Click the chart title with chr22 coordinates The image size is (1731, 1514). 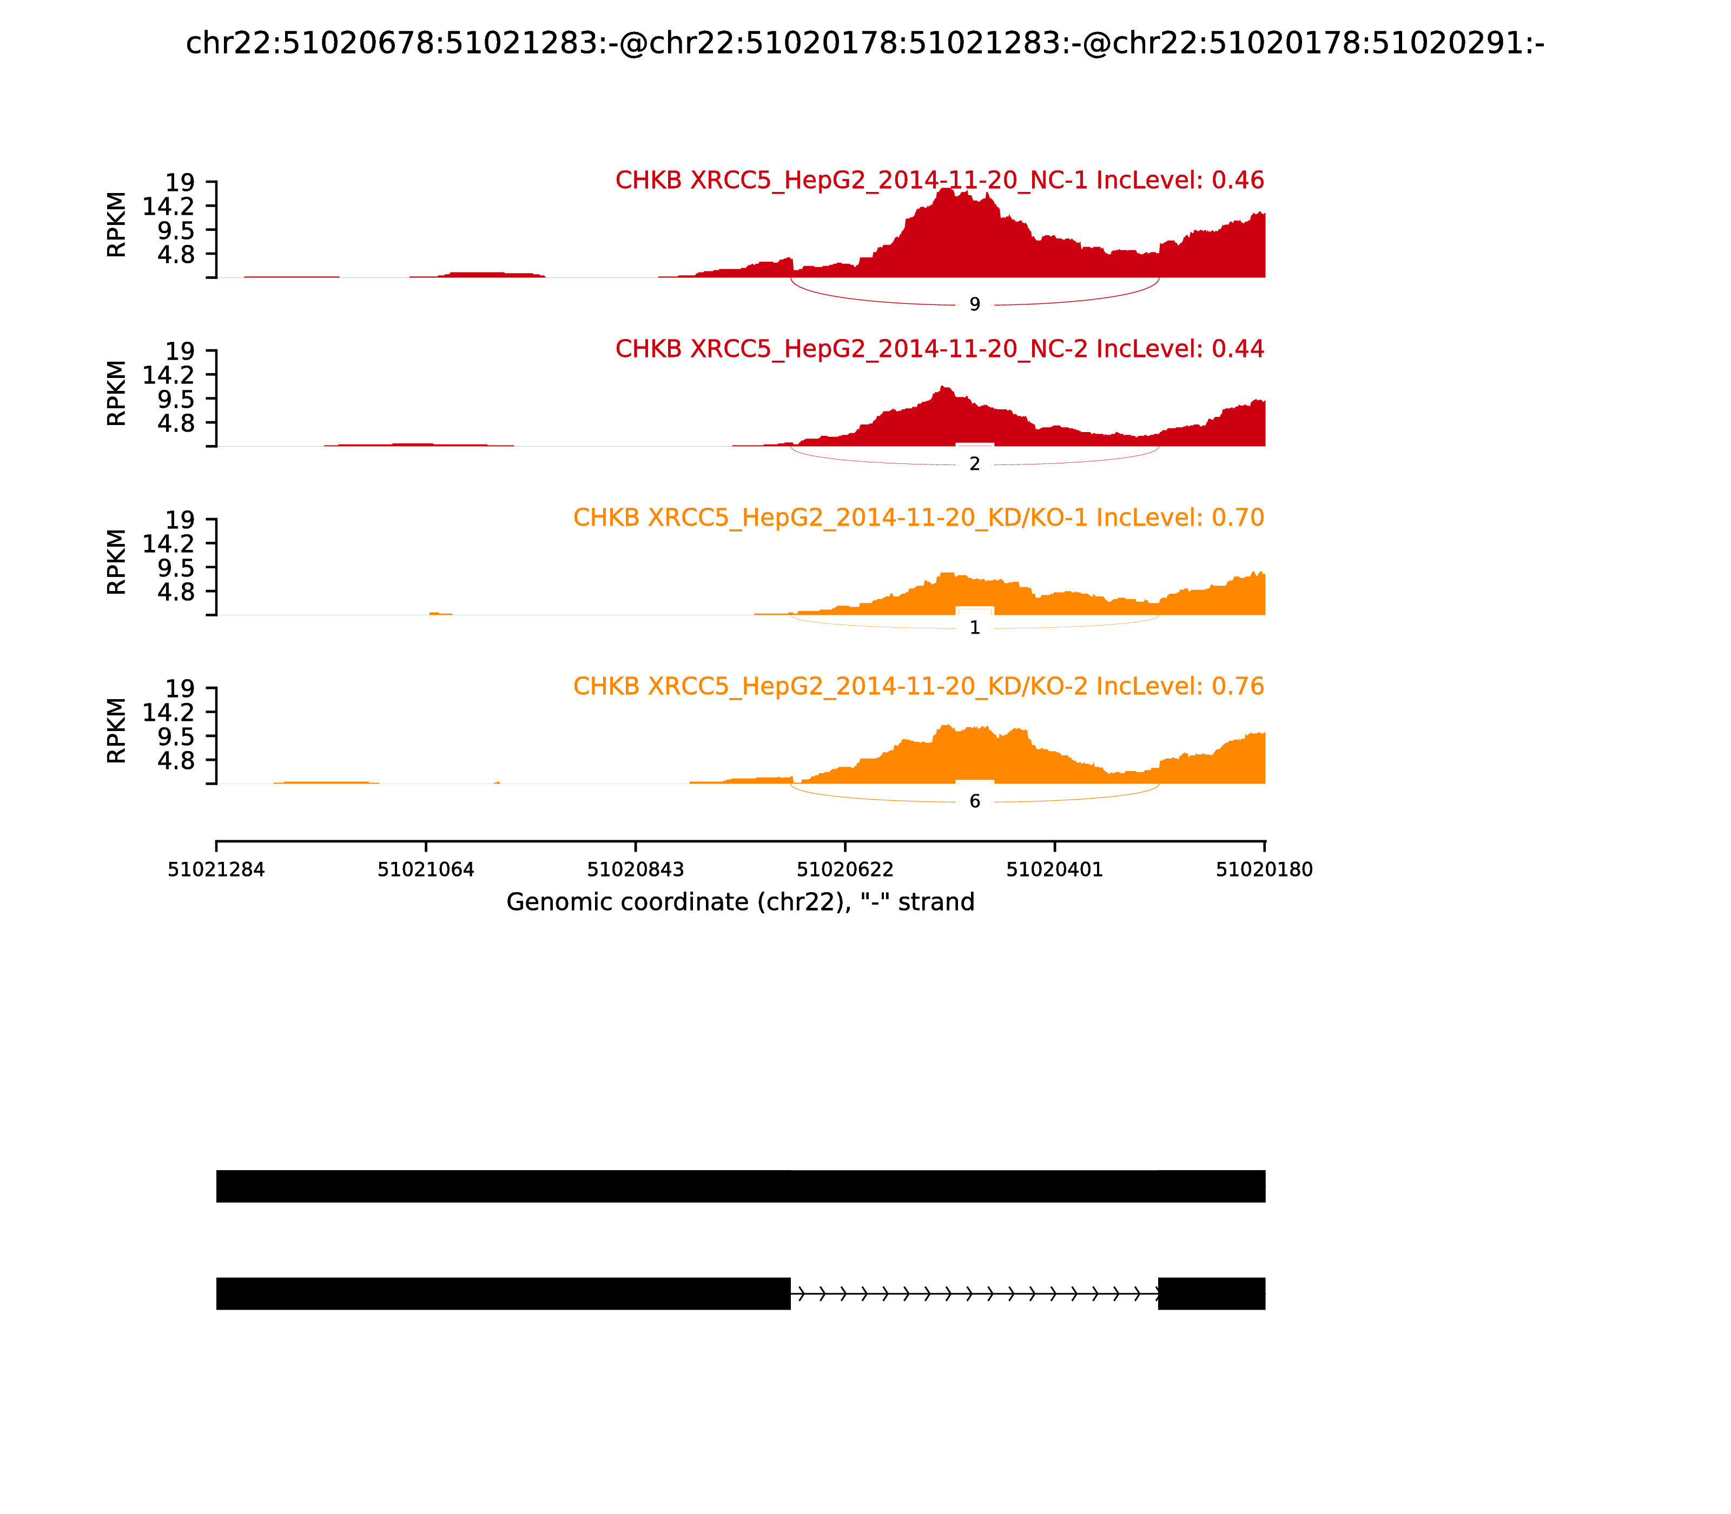[x=864, y=43]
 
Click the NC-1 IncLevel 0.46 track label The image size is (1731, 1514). [x=939, y=180]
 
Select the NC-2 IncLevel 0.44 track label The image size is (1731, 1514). [x=939, y=349]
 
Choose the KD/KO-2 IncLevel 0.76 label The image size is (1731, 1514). [x=918, y=686]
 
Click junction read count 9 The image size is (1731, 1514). [x=975, y=304]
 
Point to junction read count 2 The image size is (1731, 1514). [x=975, y=464]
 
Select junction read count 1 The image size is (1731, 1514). [x=975, y=628]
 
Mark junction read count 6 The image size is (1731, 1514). [x=975, y=801]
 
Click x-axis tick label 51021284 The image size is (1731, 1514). [x=216, y=869]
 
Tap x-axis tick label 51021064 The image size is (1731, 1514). [x=426, y=869]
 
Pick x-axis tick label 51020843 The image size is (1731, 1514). [x=636, y=869]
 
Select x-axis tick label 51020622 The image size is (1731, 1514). [x=845, y=869]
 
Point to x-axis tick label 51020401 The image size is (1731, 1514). [x=1055, y=869]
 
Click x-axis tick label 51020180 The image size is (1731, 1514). [x=1265, y=869]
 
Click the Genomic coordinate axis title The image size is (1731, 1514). [x=741, y=902]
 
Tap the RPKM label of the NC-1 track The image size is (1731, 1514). [x=117, y=225]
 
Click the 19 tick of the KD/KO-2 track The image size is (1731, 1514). [x=179, y=688]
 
